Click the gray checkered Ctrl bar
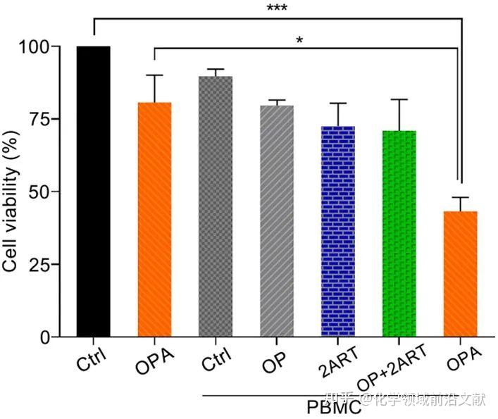click(x=216, y=207)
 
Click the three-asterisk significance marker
click(x=277, y=9)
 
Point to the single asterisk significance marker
click(x=299, y=41)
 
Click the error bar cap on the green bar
click(x=399, y=99)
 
